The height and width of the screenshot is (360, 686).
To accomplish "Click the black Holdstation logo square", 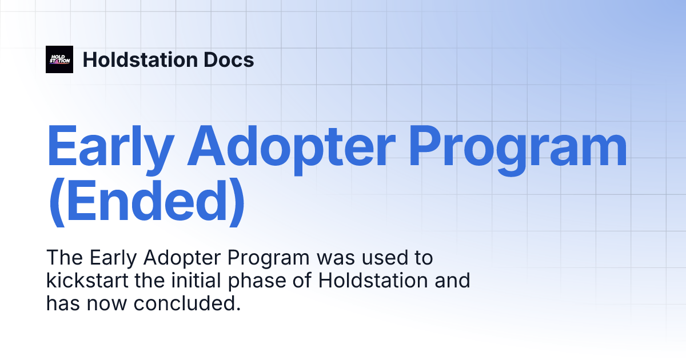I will click(x=59, y=59).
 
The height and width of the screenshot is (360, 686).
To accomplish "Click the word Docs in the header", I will click(x=229, y=59).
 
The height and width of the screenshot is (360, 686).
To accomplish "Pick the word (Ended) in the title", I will click(x=146, y=203).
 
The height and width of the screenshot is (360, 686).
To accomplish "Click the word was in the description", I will click(x=332, y=258).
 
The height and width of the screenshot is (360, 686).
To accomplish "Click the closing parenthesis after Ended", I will click(x=236, y=203).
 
